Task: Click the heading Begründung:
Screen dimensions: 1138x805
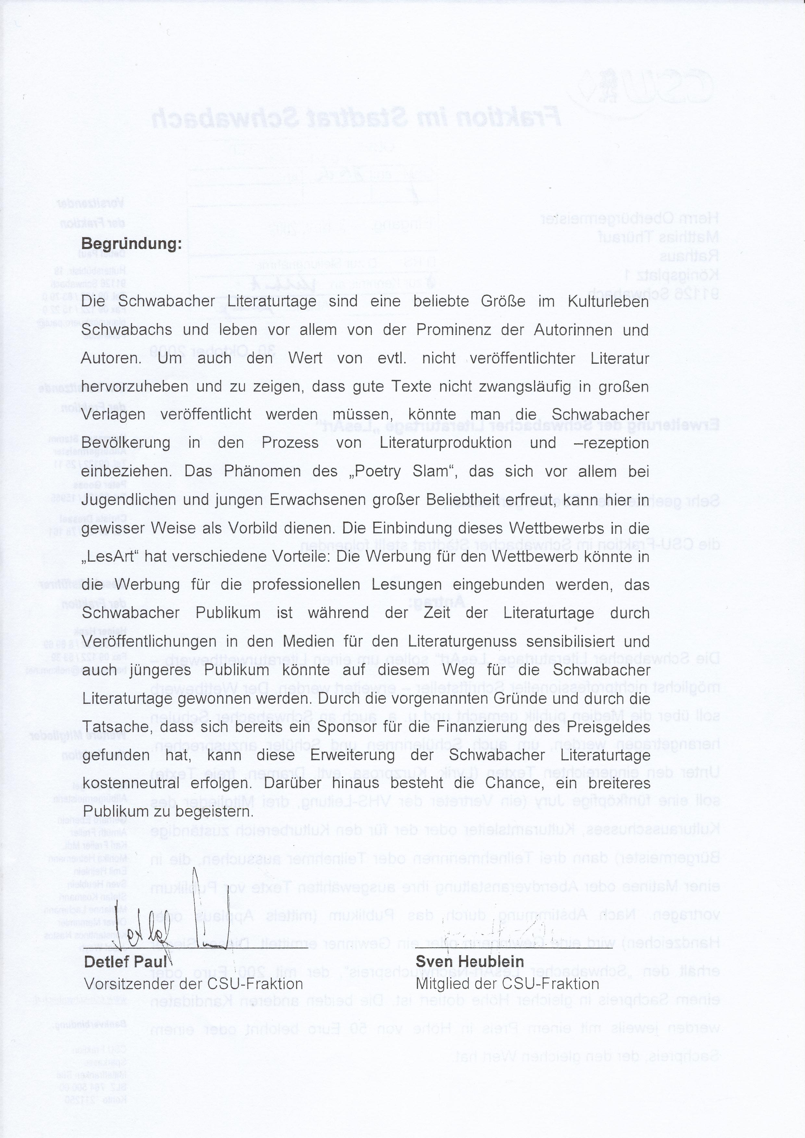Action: click(x=131, y=244)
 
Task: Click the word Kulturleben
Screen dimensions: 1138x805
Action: click(x=608, y=301)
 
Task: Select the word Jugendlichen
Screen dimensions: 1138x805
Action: click(x=129, y=500)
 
